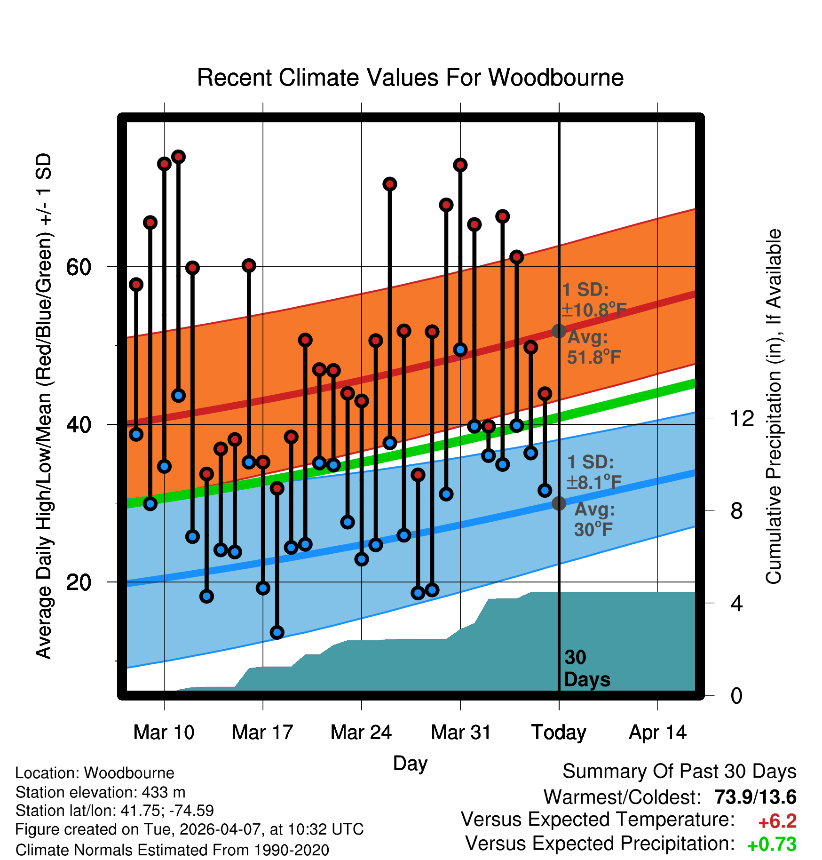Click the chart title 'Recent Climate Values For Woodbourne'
[410, 78]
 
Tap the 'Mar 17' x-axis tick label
[262, 733]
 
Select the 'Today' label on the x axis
[559, 733]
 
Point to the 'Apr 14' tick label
[658, 733]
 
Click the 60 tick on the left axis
[79, 267]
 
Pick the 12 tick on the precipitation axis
[742, 418]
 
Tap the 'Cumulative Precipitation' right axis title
[774, 406]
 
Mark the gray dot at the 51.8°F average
[559, 331]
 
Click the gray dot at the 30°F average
[559, 503]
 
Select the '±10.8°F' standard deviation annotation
[594, 310]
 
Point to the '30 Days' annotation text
[587, 669]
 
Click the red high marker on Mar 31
[460, 165]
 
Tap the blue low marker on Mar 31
[460, 350]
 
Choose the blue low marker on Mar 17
[263, 588]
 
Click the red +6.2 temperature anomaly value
[777, 821]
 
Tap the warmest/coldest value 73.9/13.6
[756, 797]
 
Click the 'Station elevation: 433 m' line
[101, 792]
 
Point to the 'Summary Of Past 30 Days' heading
[680, 772]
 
